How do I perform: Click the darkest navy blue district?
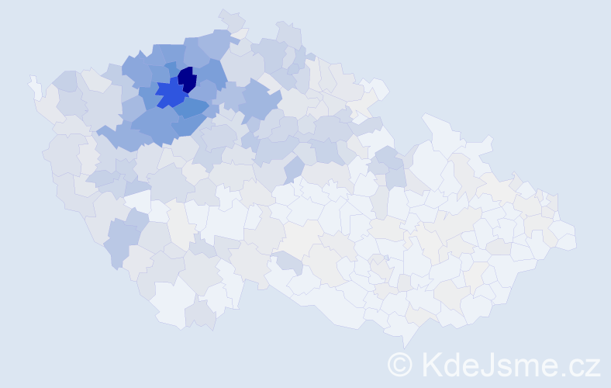tap(187, 79)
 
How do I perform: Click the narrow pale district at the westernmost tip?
tap(35, 85)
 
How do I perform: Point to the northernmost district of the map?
tap(230, 17)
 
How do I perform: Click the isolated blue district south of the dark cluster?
tap(294, 168)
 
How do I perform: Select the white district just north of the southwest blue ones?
tap(139, 203)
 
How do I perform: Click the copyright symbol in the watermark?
tap(401, 363)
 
